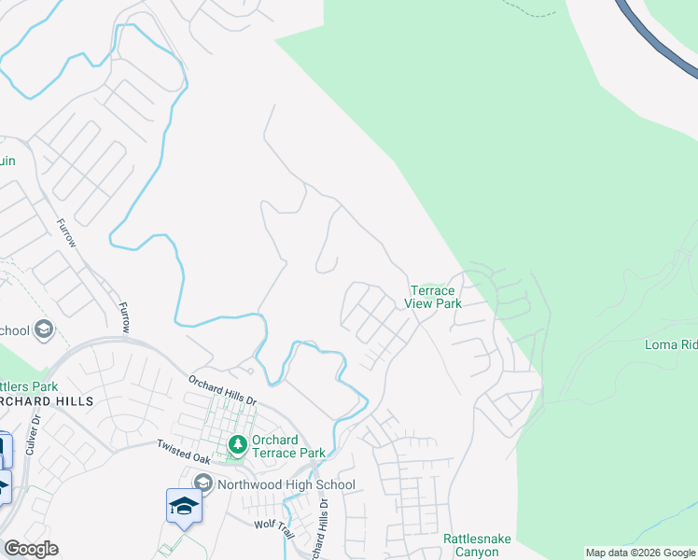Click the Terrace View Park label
(433, 297)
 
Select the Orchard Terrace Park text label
(288, 446)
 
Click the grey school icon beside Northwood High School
(203, 482)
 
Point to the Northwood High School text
(286, 484)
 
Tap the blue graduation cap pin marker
(184, 506)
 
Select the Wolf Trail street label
(275, 525)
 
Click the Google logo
(31, 548)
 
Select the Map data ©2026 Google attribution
(640, 553)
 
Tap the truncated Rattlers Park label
(29, 385)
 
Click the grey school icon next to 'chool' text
(43, 329)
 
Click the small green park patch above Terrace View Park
(428, 286)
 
